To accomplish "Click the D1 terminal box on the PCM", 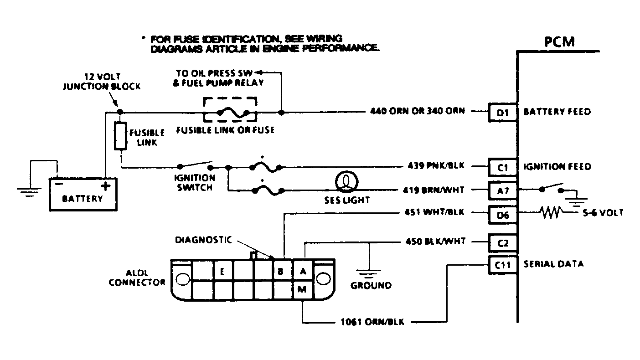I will tap(503, 112).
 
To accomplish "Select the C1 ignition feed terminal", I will tap(503, 167).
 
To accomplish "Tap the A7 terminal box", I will tap(503, 189).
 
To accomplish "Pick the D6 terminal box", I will tap(503, 215).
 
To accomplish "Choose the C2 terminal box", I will tap(503, 243).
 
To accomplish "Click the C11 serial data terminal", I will tap(503, 264).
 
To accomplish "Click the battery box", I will tap(83, 194).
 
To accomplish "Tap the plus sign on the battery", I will tap(106, 185).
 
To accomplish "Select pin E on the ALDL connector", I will tap(222, 272).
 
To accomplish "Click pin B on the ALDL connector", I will tap(281, 272).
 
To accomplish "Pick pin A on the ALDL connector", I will tap(302, 272).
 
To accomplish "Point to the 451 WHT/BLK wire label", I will tap(434, 212).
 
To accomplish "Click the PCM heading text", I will tap(559, 42).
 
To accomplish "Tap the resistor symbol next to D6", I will tap(552, 212).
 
